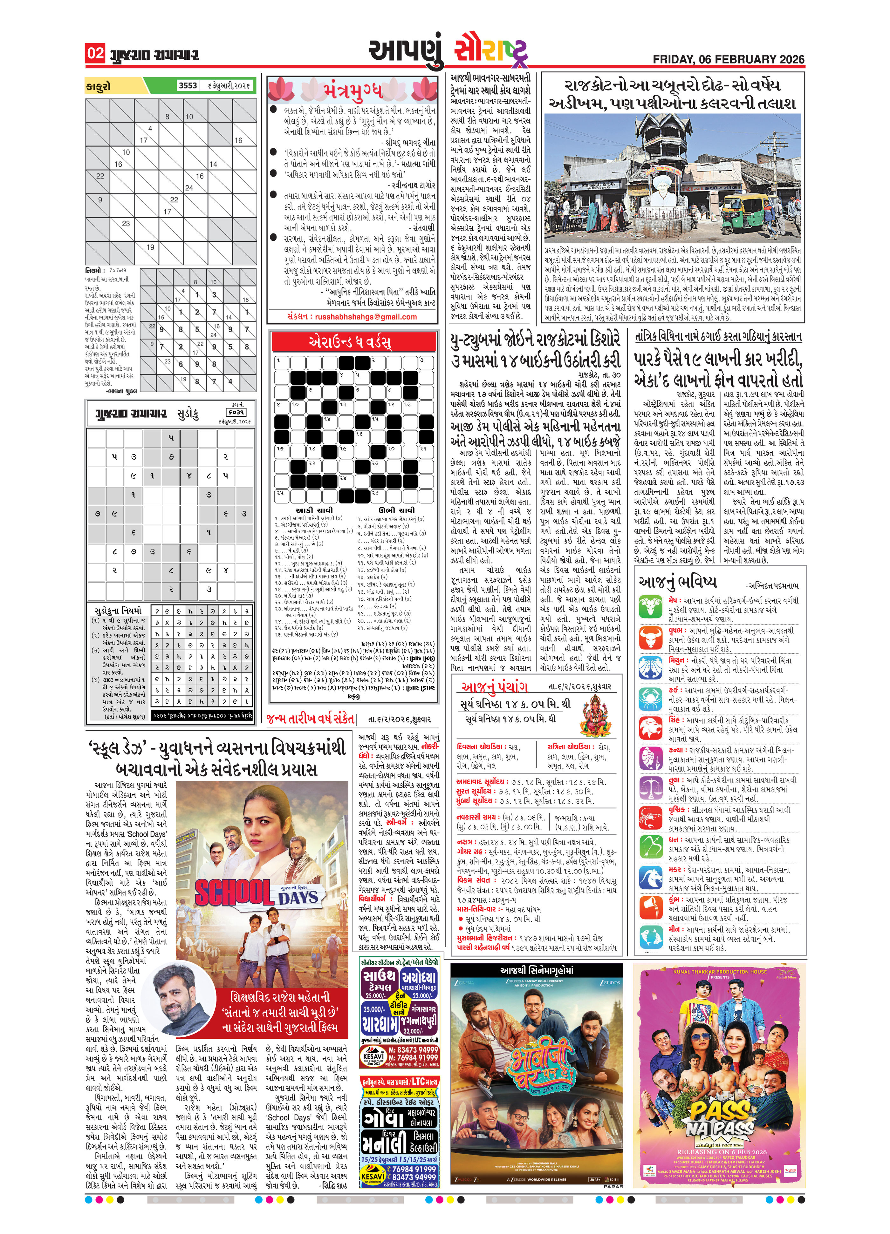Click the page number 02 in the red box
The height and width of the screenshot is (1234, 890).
[95, 53]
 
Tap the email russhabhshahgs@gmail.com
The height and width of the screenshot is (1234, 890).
[352, 317]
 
